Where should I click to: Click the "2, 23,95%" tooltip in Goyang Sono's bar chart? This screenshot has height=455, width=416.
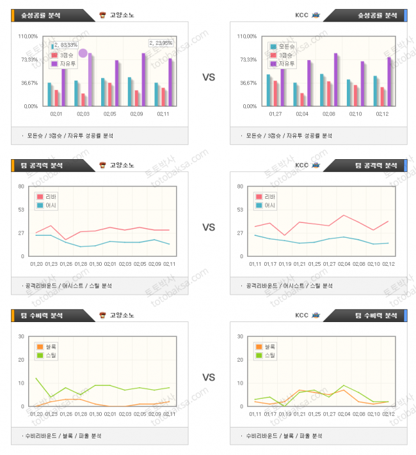pos(161,43)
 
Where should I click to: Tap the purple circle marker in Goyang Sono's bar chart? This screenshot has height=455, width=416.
pos(83,53)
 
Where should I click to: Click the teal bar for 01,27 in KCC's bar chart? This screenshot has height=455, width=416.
pos(269,90)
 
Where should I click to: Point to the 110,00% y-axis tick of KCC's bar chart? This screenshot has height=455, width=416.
pos(246,36)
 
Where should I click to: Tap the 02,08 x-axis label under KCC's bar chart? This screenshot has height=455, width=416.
pos(329,114)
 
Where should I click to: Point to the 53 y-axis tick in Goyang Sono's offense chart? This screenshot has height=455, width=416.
pos(21,210)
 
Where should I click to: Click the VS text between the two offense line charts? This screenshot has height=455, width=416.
pos(209,227)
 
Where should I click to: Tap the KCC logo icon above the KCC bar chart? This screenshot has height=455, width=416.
pos(316,15)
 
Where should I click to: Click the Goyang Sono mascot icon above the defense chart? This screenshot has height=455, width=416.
pos(102,315)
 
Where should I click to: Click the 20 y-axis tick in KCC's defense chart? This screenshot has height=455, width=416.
pos(240,360)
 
